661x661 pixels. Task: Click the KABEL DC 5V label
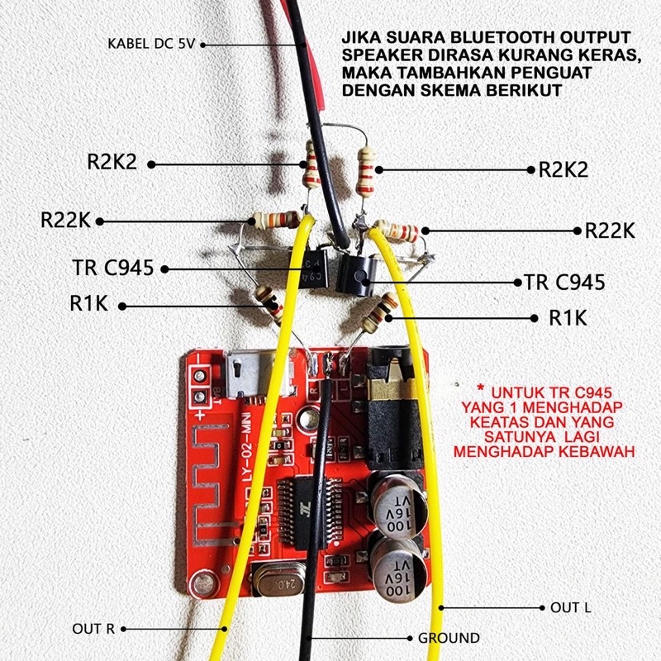point(151,44)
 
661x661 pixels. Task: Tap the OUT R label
point(93,629)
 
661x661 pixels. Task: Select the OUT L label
point(570,607)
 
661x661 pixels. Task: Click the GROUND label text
point(449,638)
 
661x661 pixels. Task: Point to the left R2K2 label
point(112,161)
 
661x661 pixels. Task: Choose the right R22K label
point(610,231)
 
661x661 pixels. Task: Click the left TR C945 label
point(113,267)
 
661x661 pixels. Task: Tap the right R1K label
point(568,318)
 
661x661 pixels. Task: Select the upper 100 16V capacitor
point(397,506)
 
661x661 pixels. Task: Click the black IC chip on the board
point(310,513)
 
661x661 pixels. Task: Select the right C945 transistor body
point(356,276)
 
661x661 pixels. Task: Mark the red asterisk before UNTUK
point(479,388)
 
